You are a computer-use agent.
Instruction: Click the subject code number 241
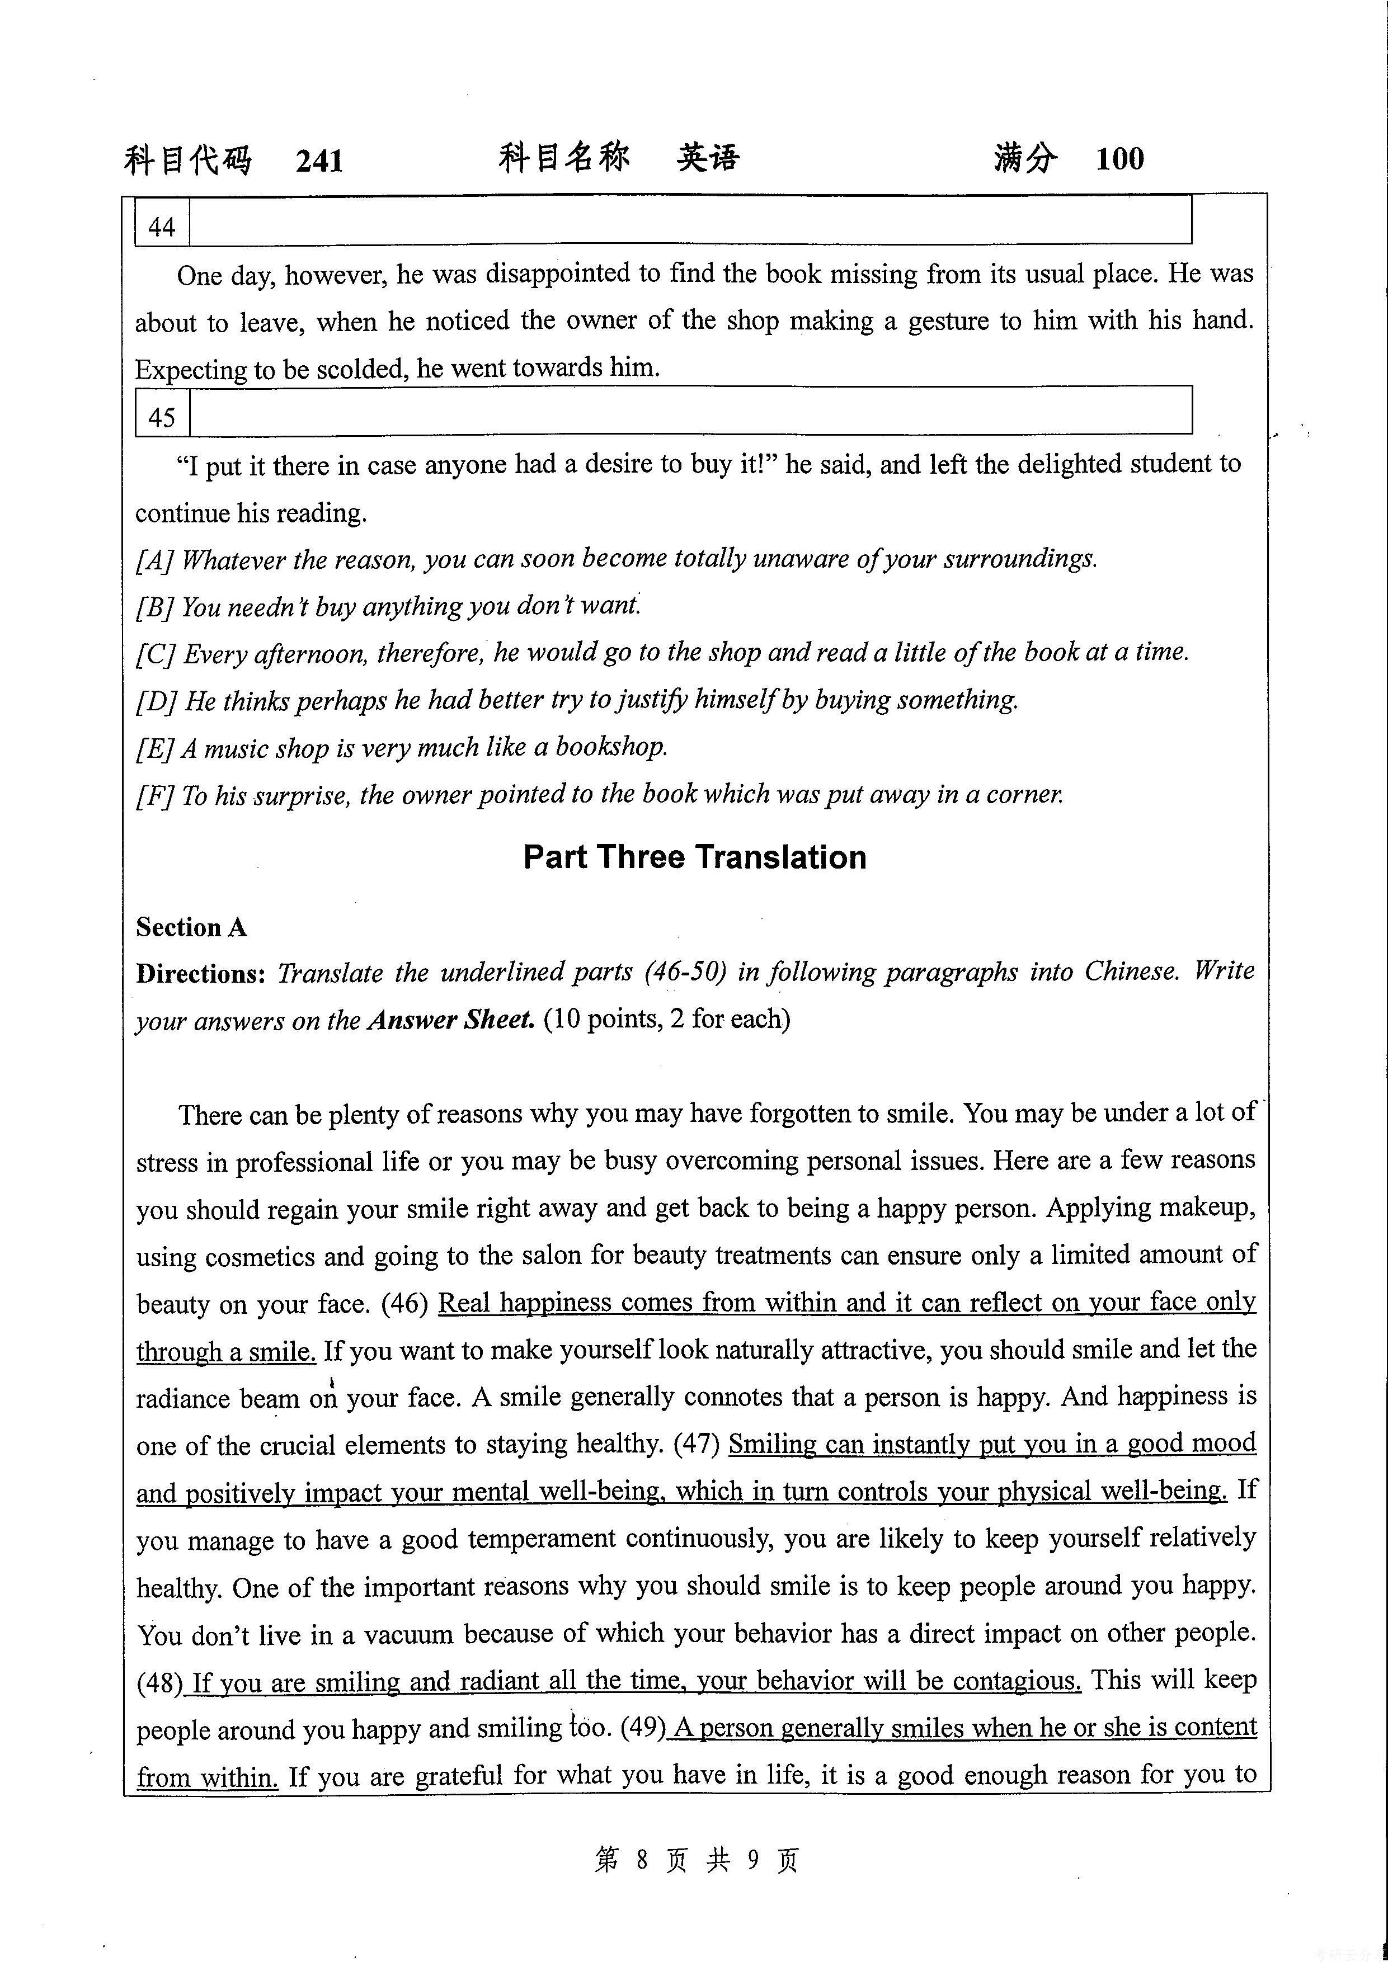pos(319,161)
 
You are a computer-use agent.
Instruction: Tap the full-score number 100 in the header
pos(1119,159)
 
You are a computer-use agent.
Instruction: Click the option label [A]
pos(155,560)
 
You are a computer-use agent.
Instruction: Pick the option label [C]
pos(156,654)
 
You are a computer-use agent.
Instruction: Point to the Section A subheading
pos(191,927)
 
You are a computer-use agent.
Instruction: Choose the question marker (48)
pos(158,1682)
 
